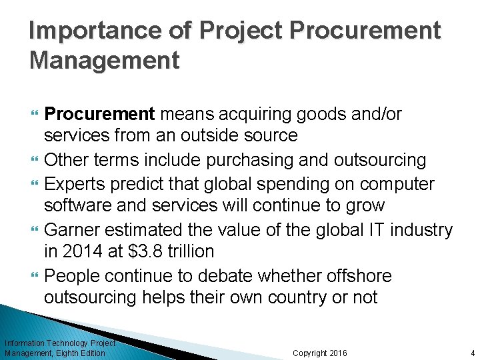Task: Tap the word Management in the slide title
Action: click(x=105, y=60)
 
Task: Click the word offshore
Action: click(x=357, y=275)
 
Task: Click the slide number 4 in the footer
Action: click(x=471, y=353)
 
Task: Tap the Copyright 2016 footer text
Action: click(x=320, y=353)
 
